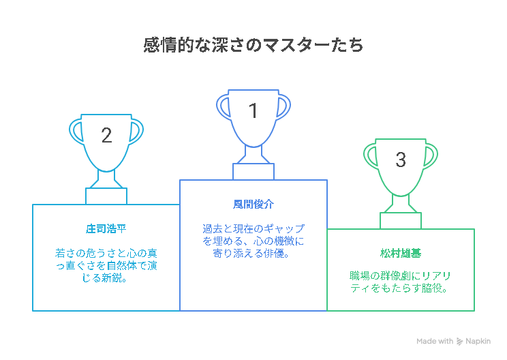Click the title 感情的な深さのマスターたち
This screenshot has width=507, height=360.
click(253, 45)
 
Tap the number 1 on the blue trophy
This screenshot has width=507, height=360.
click(253, 110)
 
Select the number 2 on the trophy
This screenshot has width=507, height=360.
click(106, 135)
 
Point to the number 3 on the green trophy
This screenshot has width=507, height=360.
click(401, 160)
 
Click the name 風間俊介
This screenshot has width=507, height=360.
click(253, 205)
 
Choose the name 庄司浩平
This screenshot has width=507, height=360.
click(106, 229)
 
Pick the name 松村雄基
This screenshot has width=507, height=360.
click(401, 253)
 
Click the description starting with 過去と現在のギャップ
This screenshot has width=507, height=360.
click(253, 241)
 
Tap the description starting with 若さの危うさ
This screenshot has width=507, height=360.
click(106, 265)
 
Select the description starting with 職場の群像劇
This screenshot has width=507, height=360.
click(401, 282)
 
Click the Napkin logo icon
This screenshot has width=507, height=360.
click(459, 341)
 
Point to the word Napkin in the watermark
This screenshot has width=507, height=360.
click(478, 341)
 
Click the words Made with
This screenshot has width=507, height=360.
click(435, 341)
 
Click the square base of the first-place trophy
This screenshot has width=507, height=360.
click(253, 172)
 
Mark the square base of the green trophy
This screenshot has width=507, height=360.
click(401, 221)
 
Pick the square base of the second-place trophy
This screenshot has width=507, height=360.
click(106, 196)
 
